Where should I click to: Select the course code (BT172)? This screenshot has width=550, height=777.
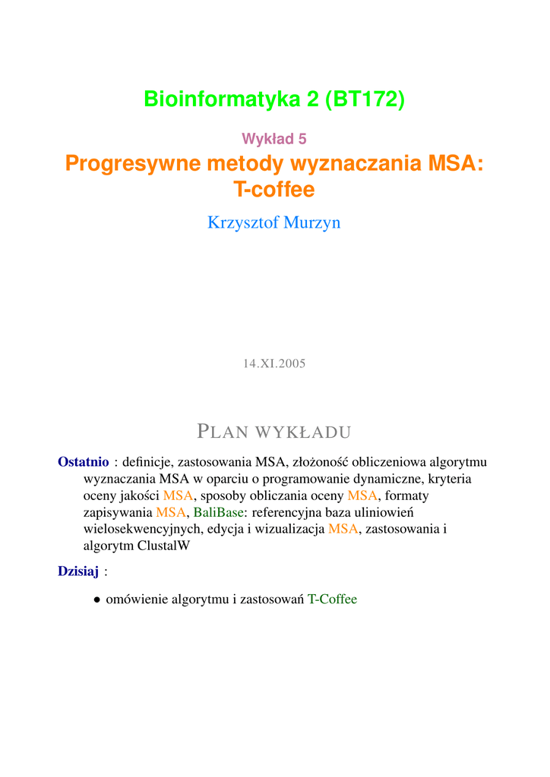coord(365,99)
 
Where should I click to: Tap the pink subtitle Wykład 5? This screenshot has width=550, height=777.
coord(274,138)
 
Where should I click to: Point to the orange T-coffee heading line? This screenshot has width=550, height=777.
coord(274,190)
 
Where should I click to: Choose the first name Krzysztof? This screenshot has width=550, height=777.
coord(245,222)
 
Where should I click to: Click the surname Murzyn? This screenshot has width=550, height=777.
coord(313,222)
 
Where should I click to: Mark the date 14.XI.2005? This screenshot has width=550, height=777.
coord(274,363)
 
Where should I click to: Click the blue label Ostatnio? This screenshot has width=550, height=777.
coord(84,461)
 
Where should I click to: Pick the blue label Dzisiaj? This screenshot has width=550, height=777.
coord(78,571)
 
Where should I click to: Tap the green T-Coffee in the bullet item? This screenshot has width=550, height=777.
coord(332,599)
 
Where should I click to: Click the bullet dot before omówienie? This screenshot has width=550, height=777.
coord(97,599)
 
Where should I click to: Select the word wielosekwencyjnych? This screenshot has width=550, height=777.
coord(141,529)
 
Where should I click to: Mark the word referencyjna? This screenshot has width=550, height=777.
coord(284,512)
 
